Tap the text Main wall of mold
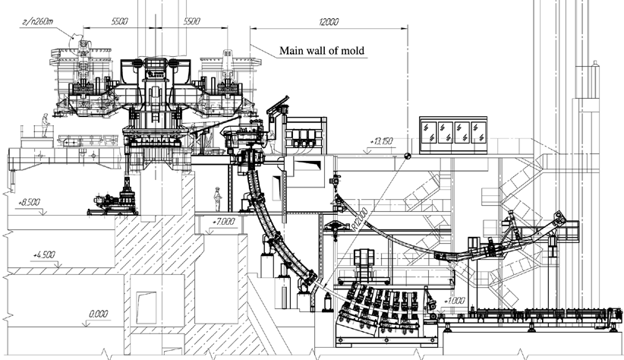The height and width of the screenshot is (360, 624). (x=322, y=52)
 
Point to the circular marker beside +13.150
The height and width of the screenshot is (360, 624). (x=408, y=157)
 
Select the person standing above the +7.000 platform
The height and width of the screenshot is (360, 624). (x=218, y=197)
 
